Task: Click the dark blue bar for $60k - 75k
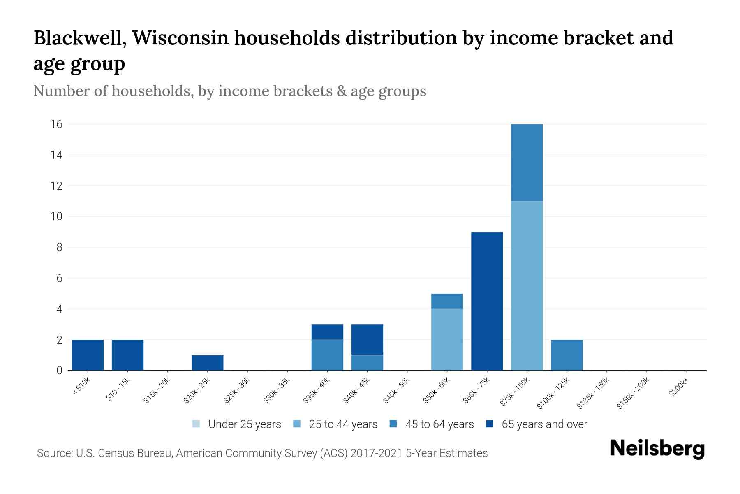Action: coord(487,301)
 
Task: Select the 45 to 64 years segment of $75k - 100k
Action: coord(527,163)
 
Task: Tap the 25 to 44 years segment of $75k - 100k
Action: coord(527,286)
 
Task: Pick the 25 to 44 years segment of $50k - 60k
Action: coord(447,340)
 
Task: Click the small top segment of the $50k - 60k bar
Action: coord(447,301)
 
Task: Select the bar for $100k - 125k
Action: coord(567,355)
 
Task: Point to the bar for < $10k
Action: coord(88,355)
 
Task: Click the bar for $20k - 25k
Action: coord(207,363)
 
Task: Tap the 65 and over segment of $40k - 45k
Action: coord(367,340)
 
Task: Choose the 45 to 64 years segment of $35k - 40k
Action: coord(327,355)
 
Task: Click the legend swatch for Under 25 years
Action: coord(196,424)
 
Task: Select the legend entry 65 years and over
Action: coord(544,424)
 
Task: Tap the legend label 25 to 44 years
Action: coord(343,424)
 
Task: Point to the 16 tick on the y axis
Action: coord(57,124)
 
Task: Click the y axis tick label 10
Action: coord(57,217)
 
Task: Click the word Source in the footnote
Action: coord(53,453)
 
